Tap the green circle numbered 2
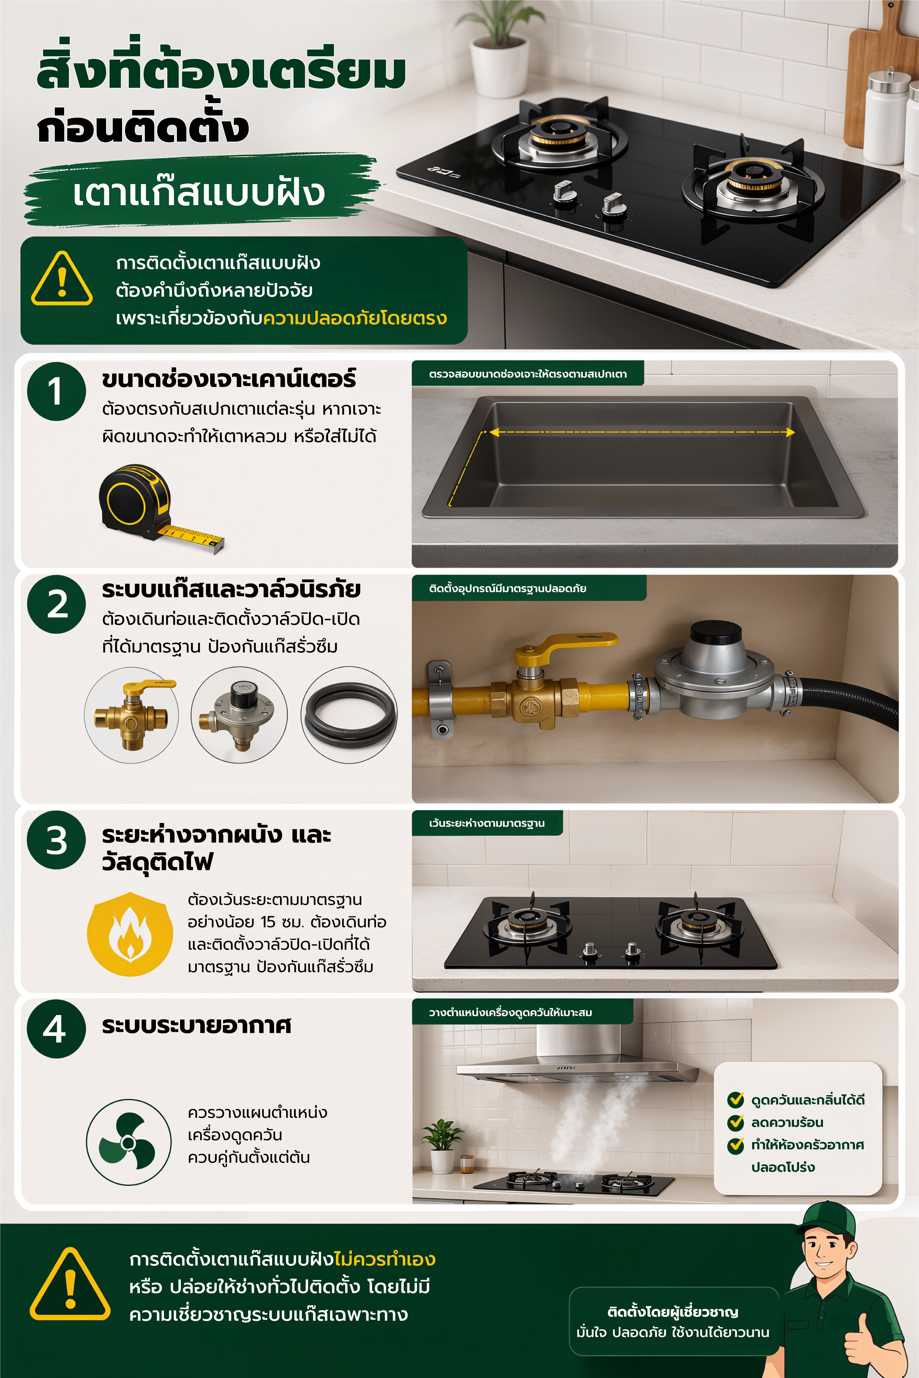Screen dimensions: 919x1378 56,604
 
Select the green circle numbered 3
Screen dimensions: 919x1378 56,840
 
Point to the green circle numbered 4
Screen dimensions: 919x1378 56,1029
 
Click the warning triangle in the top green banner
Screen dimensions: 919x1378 62,279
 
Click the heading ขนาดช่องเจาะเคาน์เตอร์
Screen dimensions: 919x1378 229,379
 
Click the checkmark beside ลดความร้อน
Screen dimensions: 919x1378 736,1122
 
